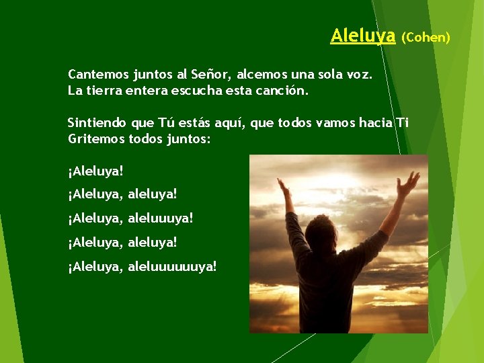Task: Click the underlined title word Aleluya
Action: point(362,36)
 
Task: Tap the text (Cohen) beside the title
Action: point(426,37)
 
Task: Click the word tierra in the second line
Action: point(104,89)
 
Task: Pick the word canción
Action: point(282,89)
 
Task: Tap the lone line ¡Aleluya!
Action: point(95,171)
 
